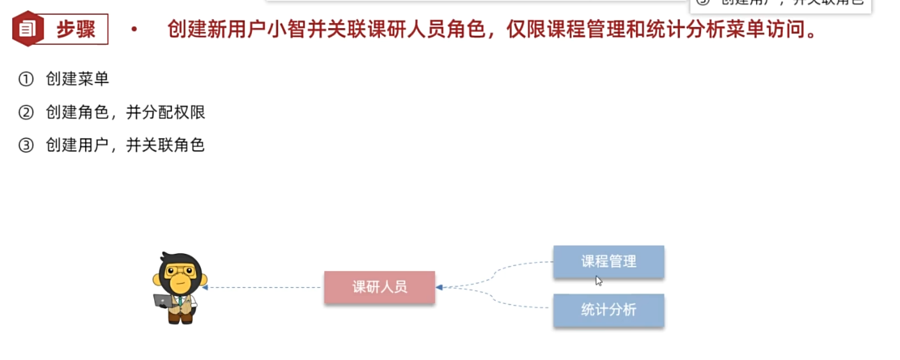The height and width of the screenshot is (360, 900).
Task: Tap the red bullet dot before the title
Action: (x=134, y=29)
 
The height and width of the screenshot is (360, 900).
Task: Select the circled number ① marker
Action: (x=26, y=79)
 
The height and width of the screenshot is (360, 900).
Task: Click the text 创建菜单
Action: (x=77, y=79)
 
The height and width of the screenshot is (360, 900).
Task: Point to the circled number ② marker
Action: (x=26, y=113)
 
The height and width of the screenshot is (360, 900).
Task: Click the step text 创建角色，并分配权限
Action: (x=125, y=113)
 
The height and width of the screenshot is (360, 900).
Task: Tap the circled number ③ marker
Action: (x=26, y=146)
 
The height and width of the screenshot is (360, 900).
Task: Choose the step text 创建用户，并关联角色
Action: (x=125, y=146)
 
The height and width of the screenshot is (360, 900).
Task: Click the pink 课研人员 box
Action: (x=379, y=287)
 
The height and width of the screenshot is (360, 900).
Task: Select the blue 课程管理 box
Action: (x=608, y=262)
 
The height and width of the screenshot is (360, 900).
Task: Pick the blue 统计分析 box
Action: (x=608, y=310)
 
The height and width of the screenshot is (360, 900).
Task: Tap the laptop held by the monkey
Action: (x=162, y=300)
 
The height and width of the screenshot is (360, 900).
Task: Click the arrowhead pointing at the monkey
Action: (x=205, y=288)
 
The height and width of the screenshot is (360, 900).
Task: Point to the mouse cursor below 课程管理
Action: (x=599, y=280)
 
